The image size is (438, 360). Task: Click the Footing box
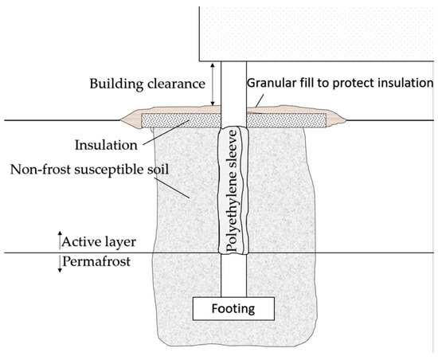click(x=234, y=306)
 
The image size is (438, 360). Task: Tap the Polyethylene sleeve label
click(x=234, y=191)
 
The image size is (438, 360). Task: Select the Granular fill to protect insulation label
click(x=339, y=83)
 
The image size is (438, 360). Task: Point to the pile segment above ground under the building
click(x=234, y=88)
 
